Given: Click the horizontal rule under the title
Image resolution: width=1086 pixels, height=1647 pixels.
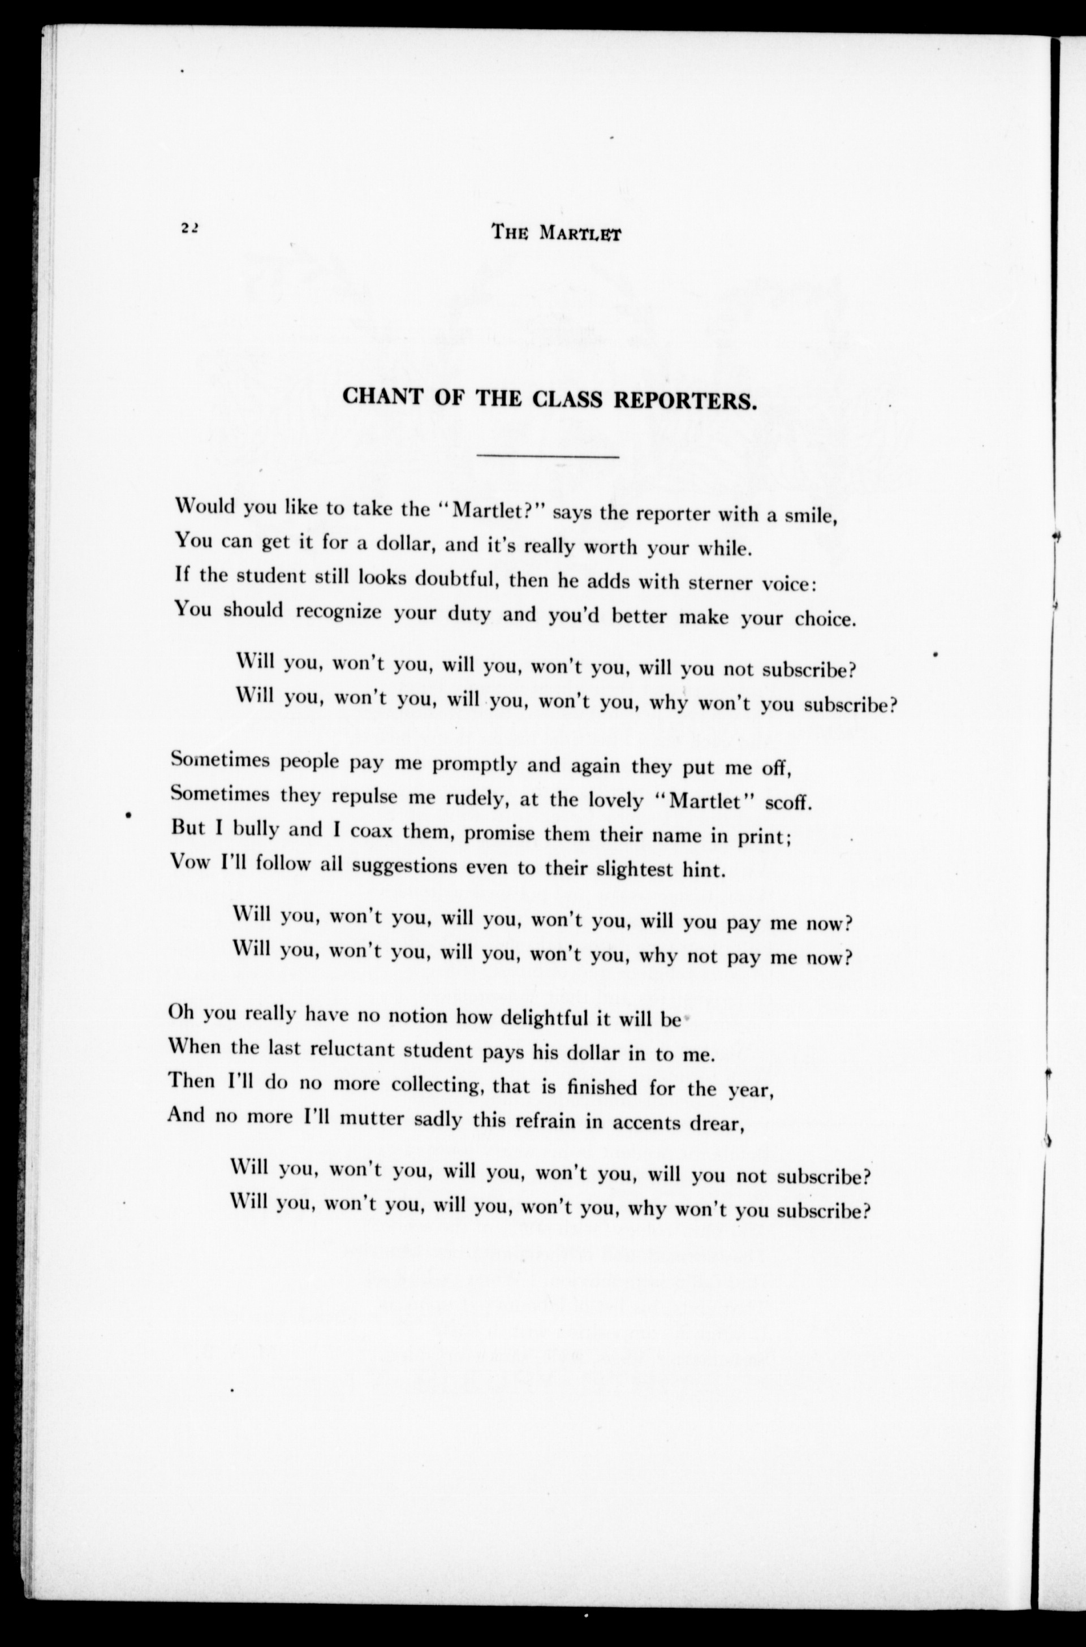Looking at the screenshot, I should tap(548, 456).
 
